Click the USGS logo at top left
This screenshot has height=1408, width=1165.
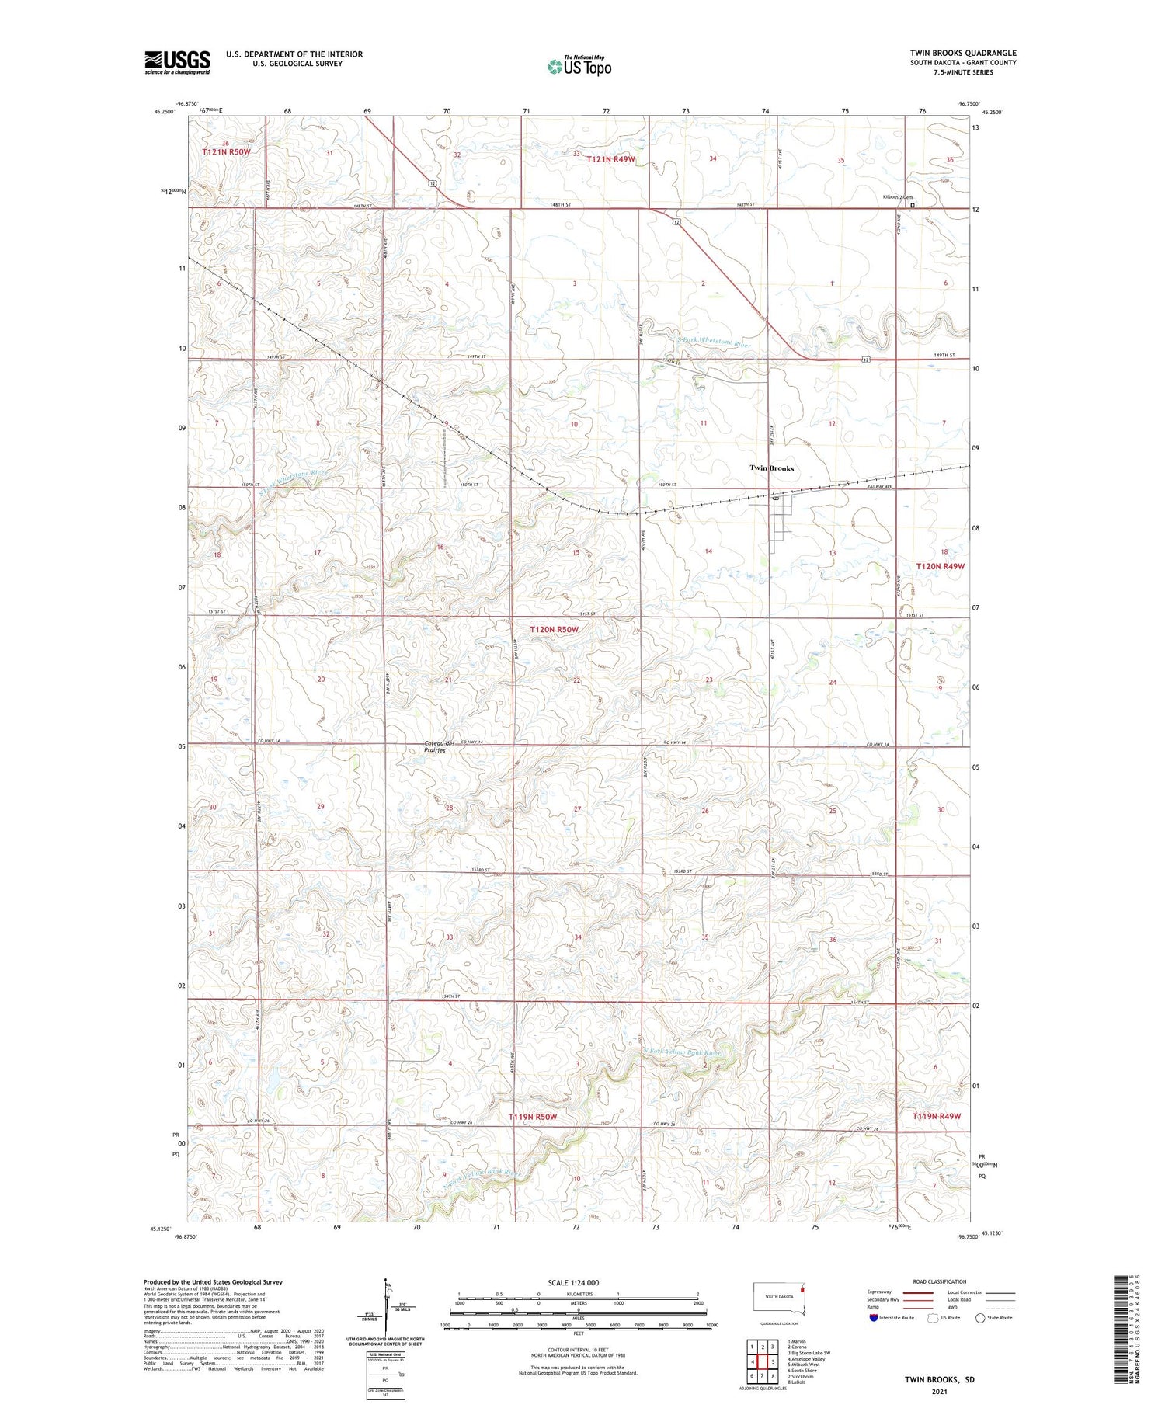click(x=177, y=62)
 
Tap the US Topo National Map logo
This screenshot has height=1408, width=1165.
click(x=579, y=66)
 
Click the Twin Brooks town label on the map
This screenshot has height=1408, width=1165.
click(x=771, y=468)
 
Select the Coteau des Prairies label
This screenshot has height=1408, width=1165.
click(x=440, y=747)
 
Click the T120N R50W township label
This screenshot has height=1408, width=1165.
click(x=554, y=629)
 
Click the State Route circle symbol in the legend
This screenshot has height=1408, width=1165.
click(x=980, y=1317)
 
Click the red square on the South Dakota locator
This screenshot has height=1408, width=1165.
click(x=804, y=1286)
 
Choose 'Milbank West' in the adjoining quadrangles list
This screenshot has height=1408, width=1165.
click(x=804, y=1364)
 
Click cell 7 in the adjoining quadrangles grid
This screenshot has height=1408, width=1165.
click(x=763, y=1375)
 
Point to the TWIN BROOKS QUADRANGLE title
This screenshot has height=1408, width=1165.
click(x=963, y=53)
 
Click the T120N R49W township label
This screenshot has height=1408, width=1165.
click(x=940, y=566)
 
